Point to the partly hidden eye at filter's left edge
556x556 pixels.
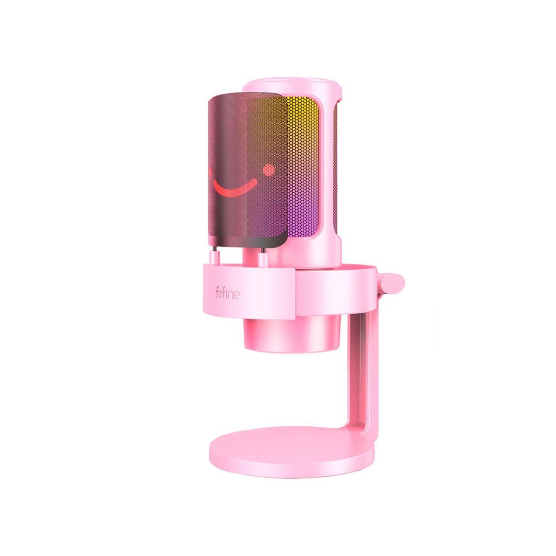click(x=209, y=172)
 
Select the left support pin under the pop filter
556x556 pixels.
click(x=215, y=255)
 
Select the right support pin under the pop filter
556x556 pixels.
click(x=263, y=256)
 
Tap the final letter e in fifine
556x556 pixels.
click(x=237, y=295)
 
